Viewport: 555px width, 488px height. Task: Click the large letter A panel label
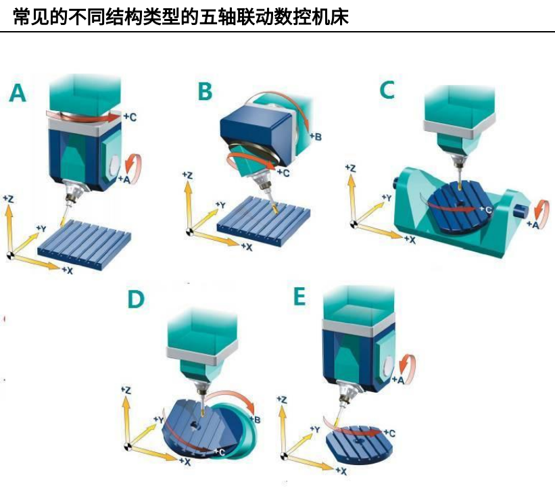(18, 93)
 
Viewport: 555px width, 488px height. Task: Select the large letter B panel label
(205, 91)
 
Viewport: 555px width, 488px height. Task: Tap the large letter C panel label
(387, 89)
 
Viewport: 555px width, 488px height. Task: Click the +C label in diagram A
(130, 117)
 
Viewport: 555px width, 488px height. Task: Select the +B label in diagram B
(316, 137)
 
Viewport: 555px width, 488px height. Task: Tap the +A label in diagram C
(533, 224)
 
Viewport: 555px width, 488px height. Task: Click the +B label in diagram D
(256, 420)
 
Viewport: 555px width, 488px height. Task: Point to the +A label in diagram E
(398, 380)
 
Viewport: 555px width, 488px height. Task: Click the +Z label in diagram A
(9, 199)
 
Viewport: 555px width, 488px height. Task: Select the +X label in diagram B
(247, 247)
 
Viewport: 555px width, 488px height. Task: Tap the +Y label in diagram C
(387, 198)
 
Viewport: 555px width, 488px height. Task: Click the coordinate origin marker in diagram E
(283, 456)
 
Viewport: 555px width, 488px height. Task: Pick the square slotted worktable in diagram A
(85, 245)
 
